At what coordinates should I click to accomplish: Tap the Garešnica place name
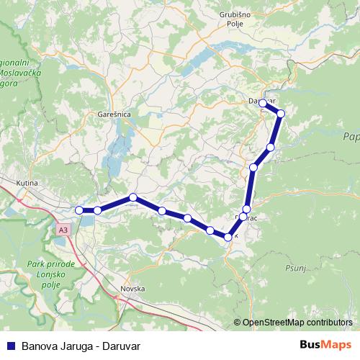pyautogui.click(x=113, y=114)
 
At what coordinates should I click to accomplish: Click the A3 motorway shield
pyautogui.click(x=64, y=230)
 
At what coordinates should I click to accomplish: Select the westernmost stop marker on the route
pyautogui.click(x=79, y=210)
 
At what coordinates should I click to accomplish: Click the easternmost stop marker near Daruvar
pyautogui.click(x=281, y=114)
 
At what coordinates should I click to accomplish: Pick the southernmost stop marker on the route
pyautogui.click(x=228, y=237)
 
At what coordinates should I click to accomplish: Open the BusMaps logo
pyautogui.click(x=325, y=345)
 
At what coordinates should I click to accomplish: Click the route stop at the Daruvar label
pyautogui.click(x=263, y=104)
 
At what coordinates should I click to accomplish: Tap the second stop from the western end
pyautogui.click(x=97, y=210)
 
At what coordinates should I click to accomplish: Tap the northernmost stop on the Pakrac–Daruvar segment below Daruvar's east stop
pyautogui.click(x=271, y=148)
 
